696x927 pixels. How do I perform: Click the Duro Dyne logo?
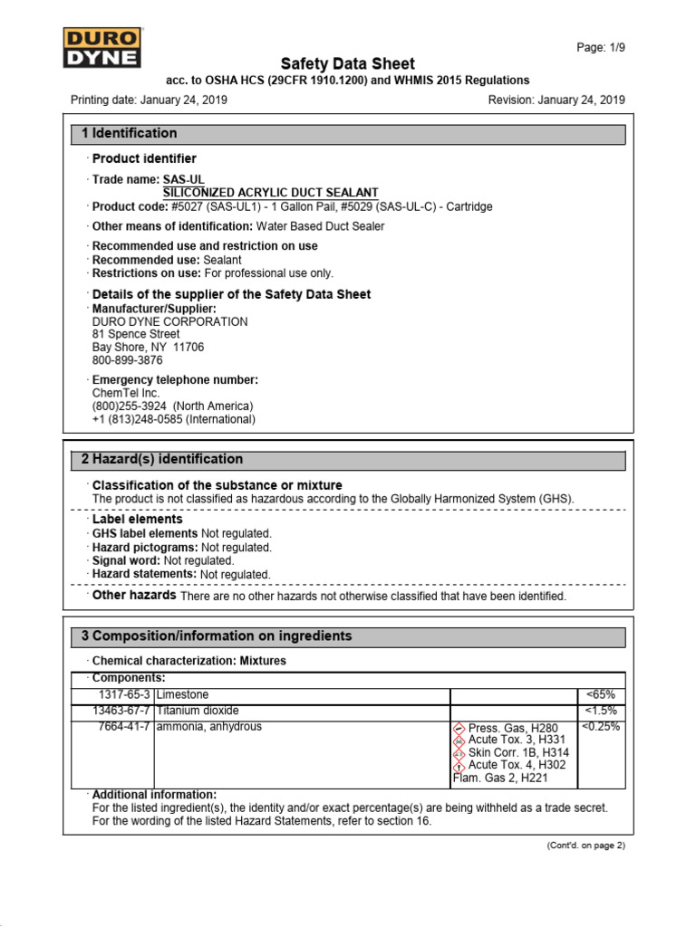(101, 47)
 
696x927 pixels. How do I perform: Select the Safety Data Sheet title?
(348, 63)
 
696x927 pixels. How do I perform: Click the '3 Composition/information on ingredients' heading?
(217, 636)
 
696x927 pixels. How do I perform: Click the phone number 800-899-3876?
(128, 360)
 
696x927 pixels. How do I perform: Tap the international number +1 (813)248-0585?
(174, 419)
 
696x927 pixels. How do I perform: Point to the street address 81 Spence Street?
(136, 334)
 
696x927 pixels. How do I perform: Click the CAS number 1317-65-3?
(125, 694)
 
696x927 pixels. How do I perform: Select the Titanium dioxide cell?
(198, 711)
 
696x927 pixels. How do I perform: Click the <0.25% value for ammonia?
(600, 727)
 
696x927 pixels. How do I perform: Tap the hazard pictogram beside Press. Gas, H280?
(459, 728)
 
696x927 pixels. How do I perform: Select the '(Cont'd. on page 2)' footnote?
(585, 846)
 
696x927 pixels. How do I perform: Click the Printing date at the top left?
(149, 100)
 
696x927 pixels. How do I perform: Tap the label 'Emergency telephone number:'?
(176, 380)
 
